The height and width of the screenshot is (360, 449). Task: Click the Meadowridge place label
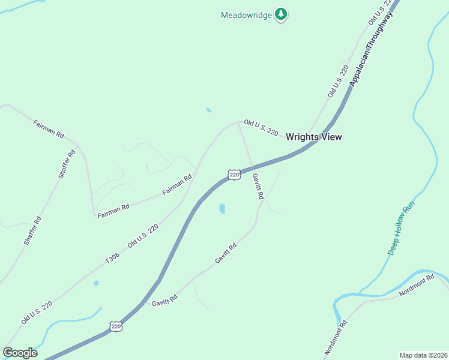pyautogui.click(x=246, y=15)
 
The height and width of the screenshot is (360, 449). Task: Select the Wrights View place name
pyautogui.click(x=313, y=137)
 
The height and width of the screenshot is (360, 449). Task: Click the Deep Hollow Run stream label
pyautogui.click(x=401, y=229)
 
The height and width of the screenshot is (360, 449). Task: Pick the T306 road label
pyautogui.click(x=112, y=257)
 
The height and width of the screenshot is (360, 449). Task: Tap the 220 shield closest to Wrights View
pyautogui.click(x=234, y=175)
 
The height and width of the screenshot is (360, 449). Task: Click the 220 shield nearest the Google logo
pyautogui.click(x=116, y=326)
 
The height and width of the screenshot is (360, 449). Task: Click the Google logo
pyautogui.click(x=20, y=353)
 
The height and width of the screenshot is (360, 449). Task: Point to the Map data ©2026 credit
pyautogui.click(x=423, y=355)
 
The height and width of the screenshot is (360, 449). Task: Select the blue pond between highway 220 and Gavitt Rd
pyautogui.click(x=222, y=209)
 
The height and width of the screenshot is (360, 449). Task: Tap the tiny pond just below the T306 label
pyautogui.click(x=96, y=283)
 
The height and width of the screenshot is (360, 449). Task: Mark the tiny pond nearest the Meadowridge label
pyautogui.click(x=208, y=110)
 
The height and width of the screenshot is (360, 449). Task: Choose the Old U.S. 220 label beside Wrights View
pyautogui.click(x=261, y=128)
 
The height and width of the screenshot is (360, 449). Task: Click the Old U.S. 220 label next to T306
pyautogui.click(x=143, y=236)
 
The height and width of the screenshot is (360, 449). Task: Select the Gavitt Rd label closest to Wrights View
pyautogui.click(x=258, y=187)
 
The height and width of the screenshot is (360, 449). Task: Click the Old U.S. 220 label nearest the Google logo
pyautogui.click(x=37, y=313)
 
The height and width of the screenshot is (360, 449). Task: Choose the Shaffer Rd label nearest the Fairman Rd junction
pyautogui.click(x=67, y=163)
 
